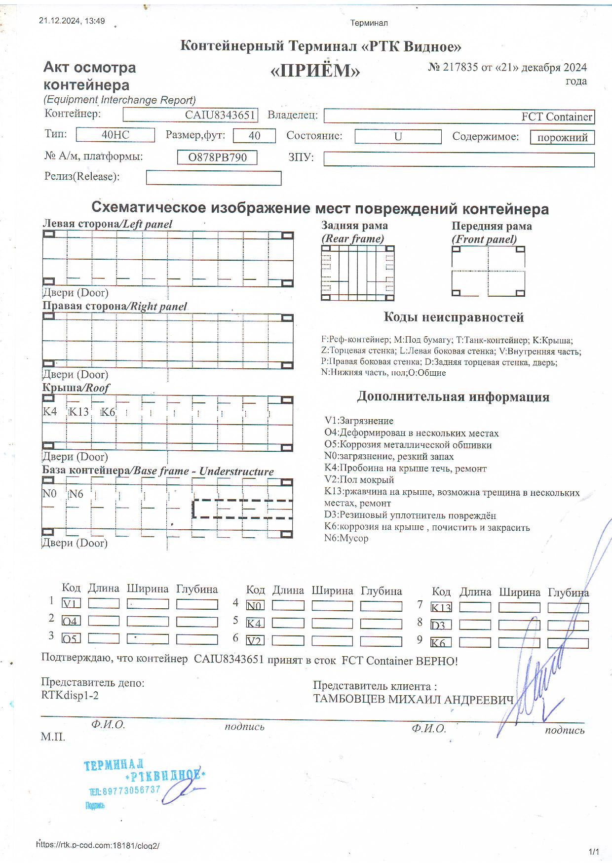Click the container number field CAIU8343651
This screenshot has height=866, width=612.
191,115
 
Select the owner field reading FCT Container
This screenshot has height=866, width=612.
459,117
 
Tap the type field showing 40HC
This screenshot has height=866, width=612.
115,135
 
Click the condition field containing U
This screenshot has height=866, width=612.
398,137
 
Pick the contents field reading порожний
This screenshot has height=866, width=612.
562,137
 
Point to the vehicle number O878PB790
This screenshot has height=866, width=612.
217,157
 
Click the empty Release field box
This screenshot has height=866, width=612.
214,178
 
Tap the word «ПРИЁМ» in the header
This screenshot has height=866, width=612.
315,71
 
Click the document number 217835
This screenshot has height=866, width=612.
460,67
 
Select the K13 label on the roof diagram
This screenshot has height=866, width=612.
78,412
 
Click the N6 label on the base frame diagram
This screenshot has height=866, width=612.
76,494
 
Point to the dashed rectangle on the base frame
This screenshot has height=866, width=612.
242,509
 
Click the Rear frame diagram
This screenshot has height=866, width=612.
357,273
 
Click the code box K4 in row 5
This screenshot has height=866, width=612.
255,623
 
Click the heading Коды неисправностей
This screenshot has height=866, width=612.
453,317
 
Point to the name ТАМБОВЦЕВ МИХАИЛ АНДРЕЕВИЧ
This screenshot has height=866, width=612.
413,700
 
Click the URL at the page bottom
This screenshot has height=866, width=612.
98,845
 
